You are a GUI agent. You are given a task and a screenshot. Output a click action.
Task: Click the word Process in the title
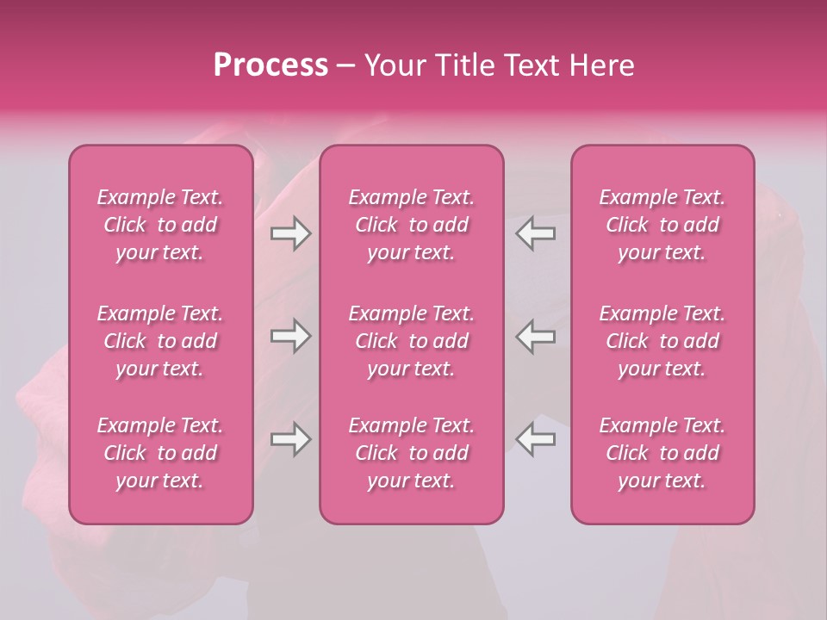click(x=270, y=65)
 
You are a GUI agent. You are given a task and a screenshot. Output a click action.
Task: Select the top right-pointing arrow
click(x=290, y=233)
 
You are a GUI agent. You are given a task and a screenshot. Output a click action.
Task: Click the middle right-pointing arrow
click(x=290, y=336)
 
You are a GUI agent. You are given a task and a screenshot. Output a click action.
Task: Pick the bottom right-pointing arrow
click(x=290, y=439)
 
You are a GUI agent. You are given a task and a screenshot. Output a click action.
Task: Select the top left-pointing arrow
click(x=536, y=233)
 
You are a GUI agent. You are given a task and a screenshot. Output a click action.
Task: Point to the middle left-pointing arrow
click(x=536, y=336)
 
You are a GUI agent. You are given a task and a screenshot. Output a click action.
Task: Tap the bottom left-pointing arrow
click(x=536, y=439)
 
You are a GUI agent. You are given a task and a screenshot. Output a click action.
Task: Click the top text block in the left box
click(x=160, y=225)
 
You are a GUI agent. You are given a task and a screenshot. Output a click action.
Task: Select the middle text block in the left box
click(x=160, y=341)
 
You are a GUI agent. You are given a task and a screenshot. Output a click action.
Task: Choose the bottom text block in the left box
click(x=160, y=453)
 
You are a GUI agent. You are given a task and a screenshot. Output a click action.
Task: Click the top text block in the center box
click(x=411, y=225)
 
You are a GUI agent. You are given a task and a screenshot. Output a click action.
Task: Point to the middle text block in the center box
click(x=411, y=341)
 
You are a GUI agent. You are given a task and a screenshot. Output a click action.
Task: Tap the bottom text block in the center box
click(x=411, y=453)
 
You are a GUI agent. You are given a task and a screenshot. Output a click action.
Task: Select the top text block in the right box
click(x=662, y=225)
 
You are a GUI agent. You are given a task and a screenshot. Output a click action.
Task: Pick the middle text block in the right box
click(x=662, y=341)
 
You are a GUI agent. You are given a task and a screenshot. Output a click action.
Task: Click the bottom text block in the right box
click(x=662, y=453)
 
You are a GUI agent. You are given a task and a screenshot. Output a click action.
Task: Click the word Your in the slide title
click(x=394, y=65)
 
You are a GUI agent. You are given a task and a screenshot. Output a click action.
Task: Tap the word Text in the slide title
click(x=530, y=65)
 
